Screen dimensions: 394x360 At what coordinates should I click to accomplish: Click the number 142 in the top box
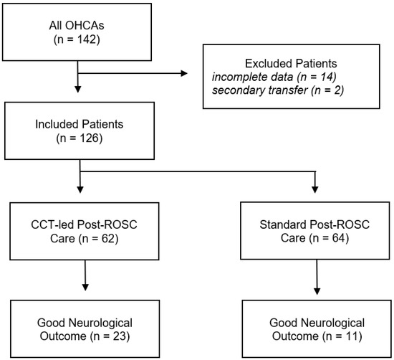[x=87, y=39]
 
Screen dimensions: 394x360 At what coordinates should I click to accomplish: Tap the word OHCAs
[x=85, y=25]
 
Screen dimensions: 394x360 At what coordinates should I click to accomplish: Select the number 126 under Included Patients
[x=89, y=138]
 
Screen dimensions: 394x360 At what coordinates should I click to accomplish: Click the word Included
[x=57, y=124]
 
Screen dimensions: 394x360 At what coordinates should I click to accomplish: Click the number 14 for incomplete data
[x=326, y=77]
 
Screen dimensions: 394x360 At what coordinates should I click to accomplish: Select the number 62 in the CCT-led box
[x=108, y=238]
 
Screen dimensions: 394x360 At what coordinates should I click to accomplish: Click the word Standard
[x=282, y=224]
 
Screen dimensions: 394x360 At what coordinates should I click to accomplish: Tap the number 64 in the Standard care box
[x=339, y=238]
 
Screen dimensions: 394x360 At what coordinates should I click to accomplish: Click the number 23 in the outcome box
[x=120, y=336]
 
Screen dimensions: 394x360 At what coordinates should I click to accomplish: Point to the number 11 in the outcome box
[x=352, y=336]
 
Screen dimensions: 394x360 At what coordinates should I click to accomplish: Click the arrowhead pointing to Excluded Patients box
[x=184, y=73]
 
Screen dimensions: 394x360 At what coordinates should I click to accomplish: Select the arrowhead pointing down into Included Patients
[x=78, y=90]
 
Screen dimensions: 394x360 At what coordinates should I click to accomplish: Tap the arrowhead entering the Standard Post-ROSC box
[x=315, y=190]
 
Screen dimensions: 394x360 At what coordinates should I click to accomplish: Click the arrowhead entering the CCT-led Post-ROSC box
[x=80, y=190]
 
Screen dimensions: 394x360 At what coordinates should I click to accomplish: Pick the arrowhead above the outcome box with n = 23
[x=85, y=288]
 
